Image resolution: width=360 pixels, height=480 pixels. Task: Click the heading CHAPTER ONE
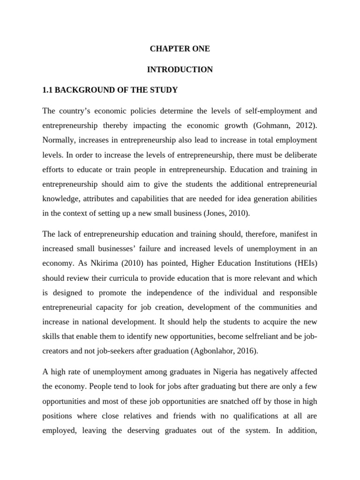pos(180,49)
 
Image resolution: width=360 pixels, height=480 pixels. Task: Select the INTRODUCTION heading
pos(180,70)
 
